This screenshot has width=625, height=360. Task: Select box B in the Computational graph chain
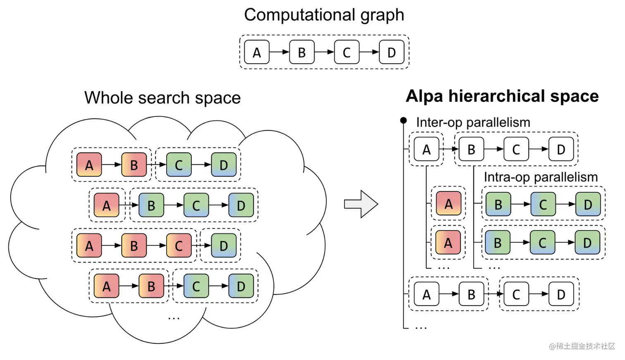tap(302, 52)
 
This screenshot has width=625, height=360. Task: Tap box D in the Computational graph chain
tap(391, 52)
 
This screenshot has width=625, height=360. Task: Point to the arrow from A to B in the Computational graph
tap(279, 52)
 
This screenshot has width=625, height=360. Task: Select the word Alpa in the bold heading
tap(425, 96)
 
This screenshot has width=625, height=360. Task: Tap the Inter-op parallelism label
tap(473, 122)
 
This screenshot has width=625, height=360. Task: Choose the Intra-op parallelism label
tap(540, 177)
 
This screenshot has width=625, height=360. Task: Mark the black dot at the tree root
tap(403, 120)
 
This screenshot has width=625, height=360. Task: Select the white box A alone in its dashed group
tap(426, 149)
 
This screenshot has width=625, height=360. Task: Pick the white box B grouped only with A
tap(471, 294)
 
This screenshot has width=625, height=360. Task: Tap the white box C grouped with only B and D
tap(516, 149)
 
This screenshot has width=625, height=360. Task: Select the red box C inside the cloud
tap(179, 246)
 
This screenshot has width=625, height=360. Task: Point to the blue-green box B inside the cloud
tap(151, 205)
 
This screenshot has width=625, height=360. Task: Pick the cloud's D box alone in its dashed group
tap(224, 246)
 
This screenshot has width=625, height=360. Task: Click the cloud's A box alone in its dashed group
tap(106, 205)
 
